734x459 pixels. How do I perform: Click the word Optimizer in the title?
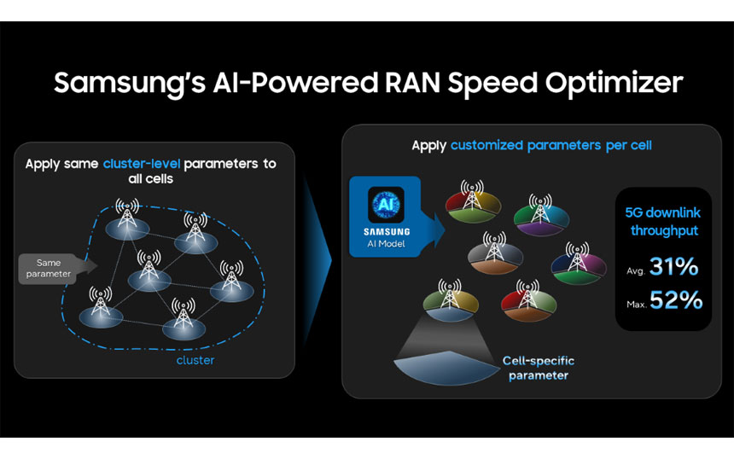tap(614, 84)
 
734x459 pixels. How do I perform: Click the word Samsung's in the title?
tap(130, 84)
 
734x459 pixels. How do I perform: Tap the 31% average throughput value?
tap(673, 266)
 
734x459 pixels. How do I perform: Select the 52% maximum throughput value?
tap(676, 300)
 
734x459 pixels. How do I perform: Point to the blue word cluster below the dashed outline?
tap(195, 360)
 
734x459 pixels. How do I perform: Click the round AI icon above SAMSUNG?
tap(386, 205)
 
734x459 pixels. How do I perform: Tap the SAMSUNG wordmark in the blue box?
tap(387, 231)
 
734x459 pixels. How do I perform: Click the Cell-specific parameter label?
tap(539, 368)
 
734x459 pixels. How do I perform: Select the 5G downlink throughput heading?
tap(663, 221)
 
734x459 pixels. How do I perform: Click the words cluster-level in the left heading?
tap(142, 164)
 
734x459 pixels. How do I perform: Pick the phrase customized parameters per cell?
tap(551, 146)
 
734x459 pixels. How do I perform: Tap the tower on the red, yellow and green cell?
tap(472, 195)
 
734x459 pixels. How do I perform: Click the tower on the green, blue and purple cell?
tap(540, 208)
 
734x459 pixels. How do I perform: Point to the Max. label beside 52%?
tap(637, 305)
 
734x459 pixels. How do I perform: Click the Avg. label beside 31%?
tap(636, 271)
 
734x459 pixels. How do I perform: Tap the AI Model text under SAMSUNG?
tap(386, 244)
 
